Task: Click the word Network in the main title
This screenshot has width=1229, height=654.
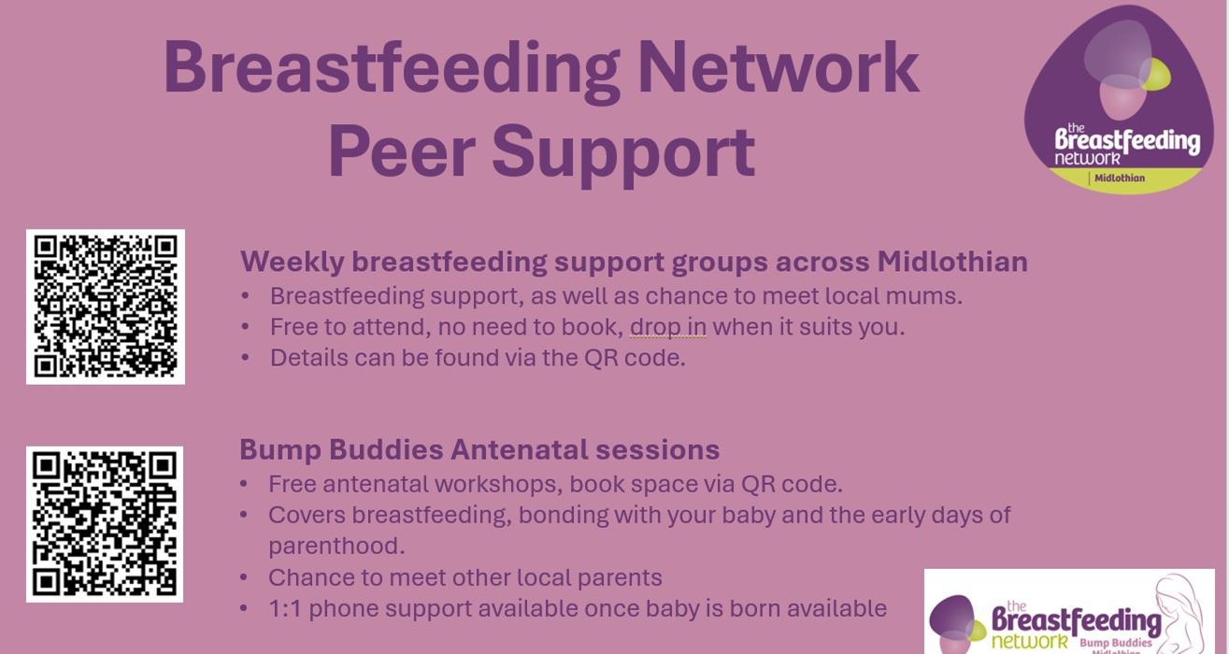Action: pyautogui.click(x=779, y=67)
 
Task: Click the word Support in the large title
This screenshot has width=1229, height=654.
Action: pyautogui.click(x=623, y=156)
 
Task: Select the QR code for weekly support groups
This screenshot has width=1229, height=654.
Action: pyautogui.click(x=106, y=306)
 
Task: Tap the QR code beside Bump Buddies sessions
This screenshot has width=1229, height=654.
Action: pyautogui.click(x=105, y=524)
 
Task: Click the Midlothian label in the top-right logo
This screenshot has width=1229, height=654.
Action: pyautogui.click(x=1120, y=178)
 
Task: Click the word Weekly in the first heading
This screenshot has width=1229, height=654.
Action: pyautogui.click(x=293, y=263)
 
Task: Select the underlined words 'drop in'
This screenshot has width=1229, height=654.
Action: pyautogui.click(x=667, y=327)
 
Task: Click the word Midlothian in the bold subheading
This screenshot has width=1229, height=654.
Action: pyautogui.click(x=952, y=262)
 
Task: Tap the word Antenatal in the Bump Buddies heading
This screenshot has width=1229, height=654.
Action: pyautogui.click(x=519, y=450)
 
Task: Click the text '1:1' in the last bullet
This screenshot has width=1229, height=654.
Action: pyautogui.click(x=285, y=608)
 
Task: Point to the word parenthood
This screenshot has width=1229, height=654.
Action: pyautogui.click(x=336, y=547)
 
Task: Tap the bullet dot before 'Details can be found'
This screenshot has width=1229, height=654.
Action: pyautogui.click(x=245, y=358)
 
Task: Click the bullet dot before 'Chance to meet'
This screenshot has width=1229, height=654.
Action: pyautogui.click(x=244, y=577)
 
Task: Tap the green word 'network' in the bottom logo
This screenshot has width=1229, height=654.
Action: pyautogui.click(x=1029, y=641)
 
